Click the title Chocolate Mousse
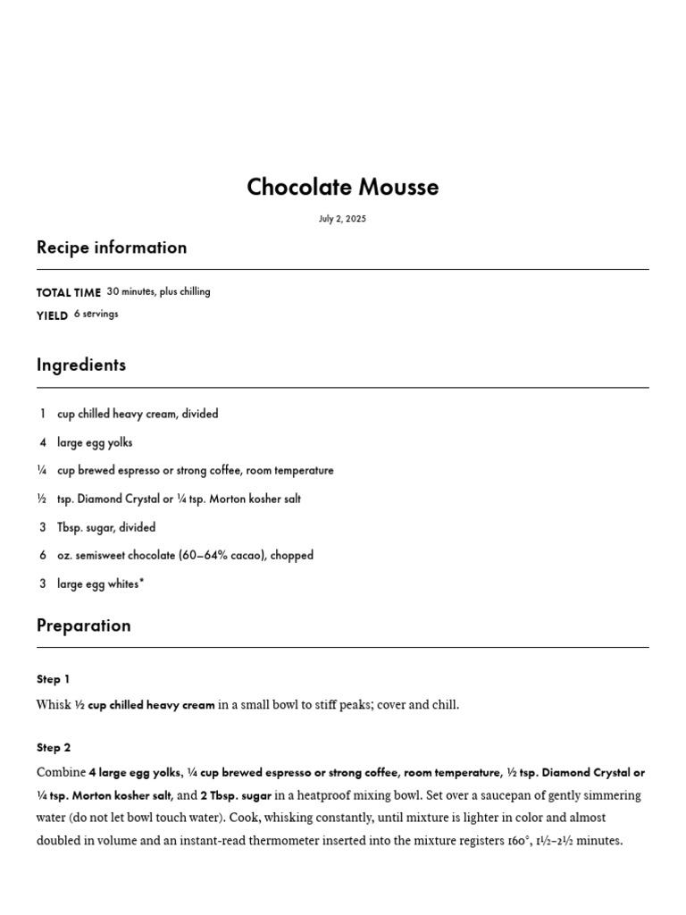coord(342,187)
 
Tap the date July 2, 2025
coord(342,219)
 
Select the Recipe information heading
coord(112,248)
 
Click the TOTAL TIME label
coord(68,292)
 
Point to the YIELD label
coord(52,315)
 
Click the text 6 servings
coord(96,315)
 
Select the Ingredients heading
coord(81,365)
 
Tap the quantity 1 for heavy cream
coord(42,414)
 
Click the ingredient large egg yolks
coord(95,442)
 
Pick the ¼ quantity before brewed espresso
coord(42,471)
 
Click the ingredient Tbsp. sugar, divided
coord(106,527)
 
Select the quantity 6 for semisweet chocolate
coord(42,556)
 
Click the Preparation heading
coord(83,625)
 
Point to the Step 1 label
coord(53,679)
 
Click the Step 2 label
coord(54,747)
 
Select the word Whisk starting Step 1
coord(54,705)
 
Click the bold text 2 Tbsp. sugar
coord(236,795)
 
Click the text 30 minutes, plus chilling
coord(158,291)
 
